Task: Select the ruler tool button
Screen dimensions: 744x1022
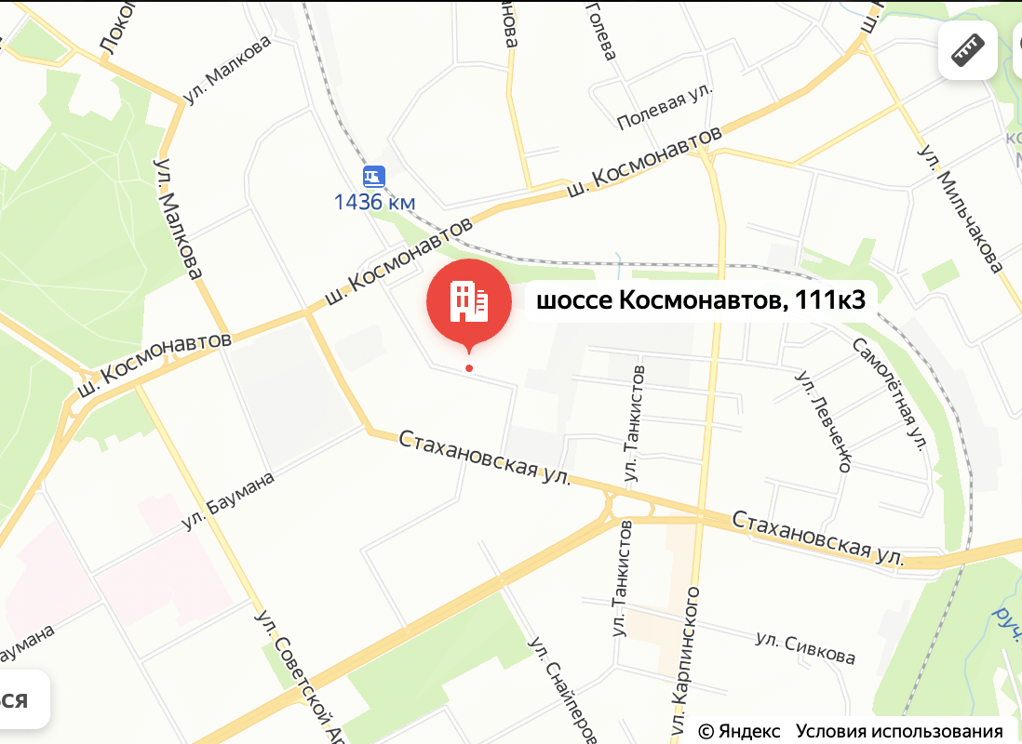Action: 967,51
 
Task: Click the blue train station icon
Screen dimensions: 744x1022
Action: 374,175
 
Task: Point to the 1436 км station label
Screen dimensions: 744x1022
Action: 375,201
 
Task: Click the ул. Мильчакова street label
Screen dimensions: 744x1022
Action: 961,208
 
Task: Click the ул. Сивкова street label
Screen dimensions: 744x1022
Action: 805,649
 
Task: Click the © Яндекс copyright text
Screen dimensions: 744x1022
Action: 739,731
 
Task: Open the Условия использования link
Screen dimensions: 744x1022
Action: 899,731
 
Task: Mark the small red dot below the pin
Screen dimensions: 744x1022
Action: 469,368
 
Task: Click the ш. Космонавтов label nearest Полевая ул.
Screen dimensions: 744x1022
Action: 644,162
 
